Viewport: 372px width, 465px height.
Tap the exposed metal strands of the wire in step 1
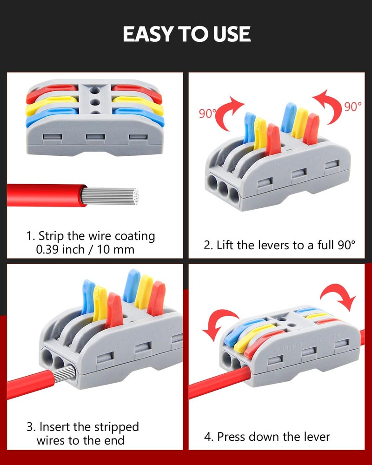(x=110, y=196)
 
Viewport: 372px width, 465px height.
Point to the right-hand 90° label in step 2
(x=353, y=106)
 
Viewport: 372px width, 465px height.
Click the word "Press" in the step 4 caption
(x=232, y=437)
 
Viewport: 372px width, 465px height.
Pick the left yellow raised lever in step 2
(x=260, y=133)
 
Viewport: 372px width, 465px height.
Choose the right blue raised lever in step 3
(x=132, y=286)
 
